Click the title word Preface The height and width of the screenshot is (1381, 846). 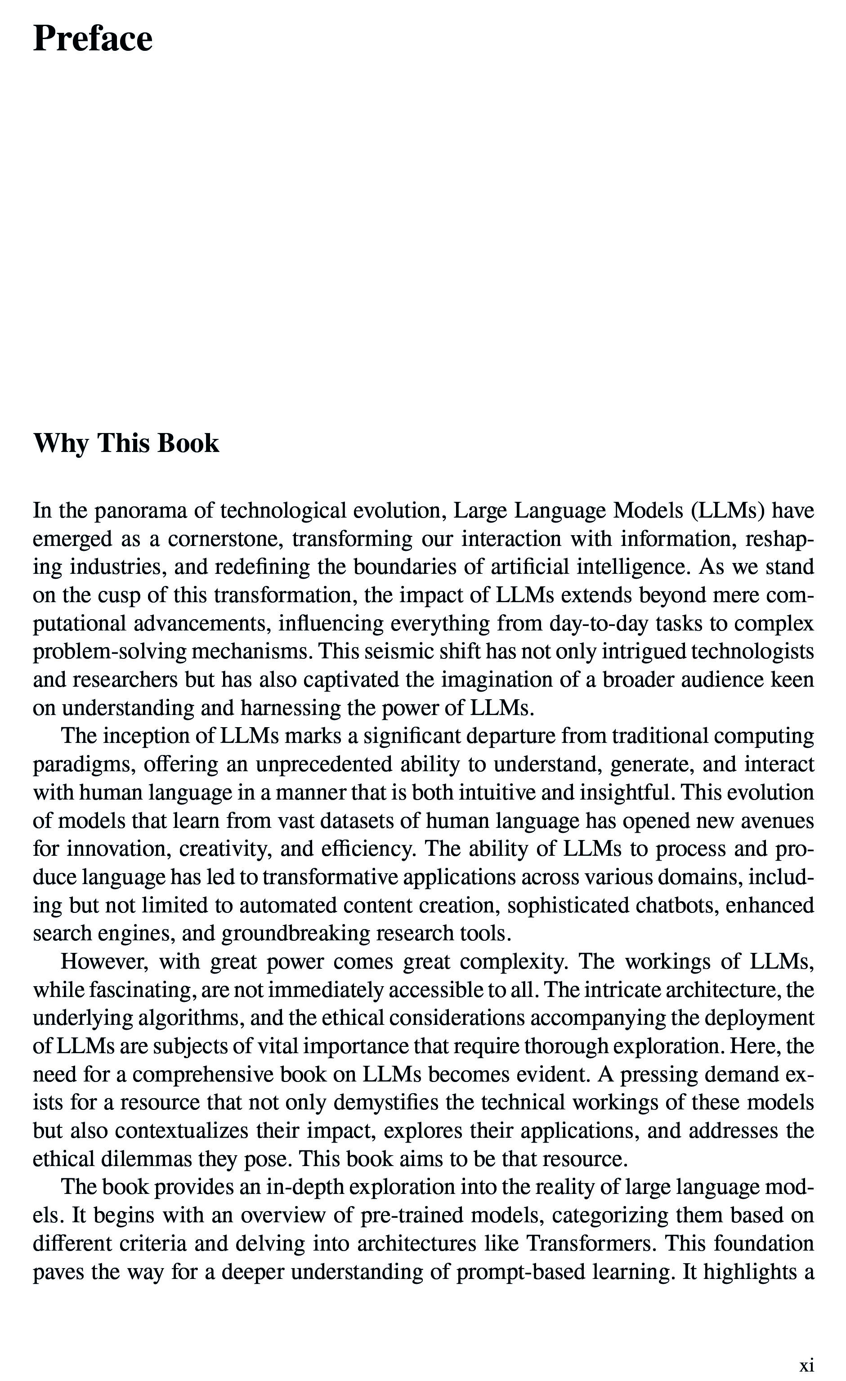coord(93,39)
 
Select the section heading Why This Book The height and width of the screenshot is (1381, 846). coord(126,443)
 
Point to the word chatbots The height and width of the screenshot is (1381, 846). coord(676,905)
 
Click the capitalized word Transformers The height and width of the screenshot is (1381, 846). coord(591,1243)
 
